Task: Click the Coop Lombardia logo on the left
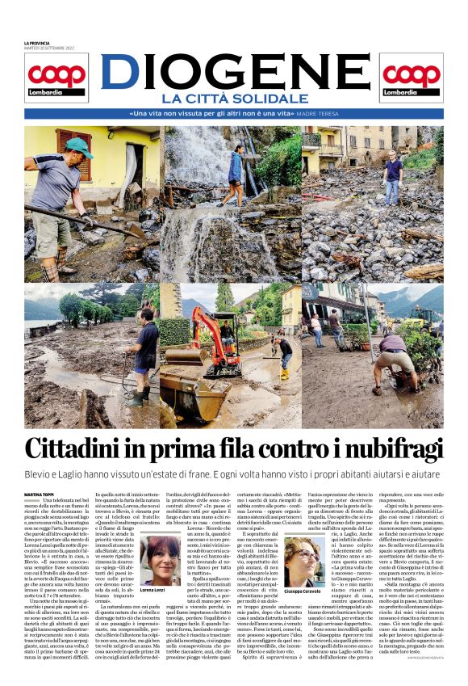[56, 80]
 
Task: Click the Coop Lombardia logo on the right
[411, 80]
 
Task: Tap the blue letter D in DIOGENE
[119, 73]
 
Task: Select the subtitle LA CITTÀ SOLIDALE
[234, 99]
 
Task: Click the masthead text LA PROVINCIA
[37, 42]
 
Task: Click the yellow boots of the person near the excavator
[284, 373]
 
